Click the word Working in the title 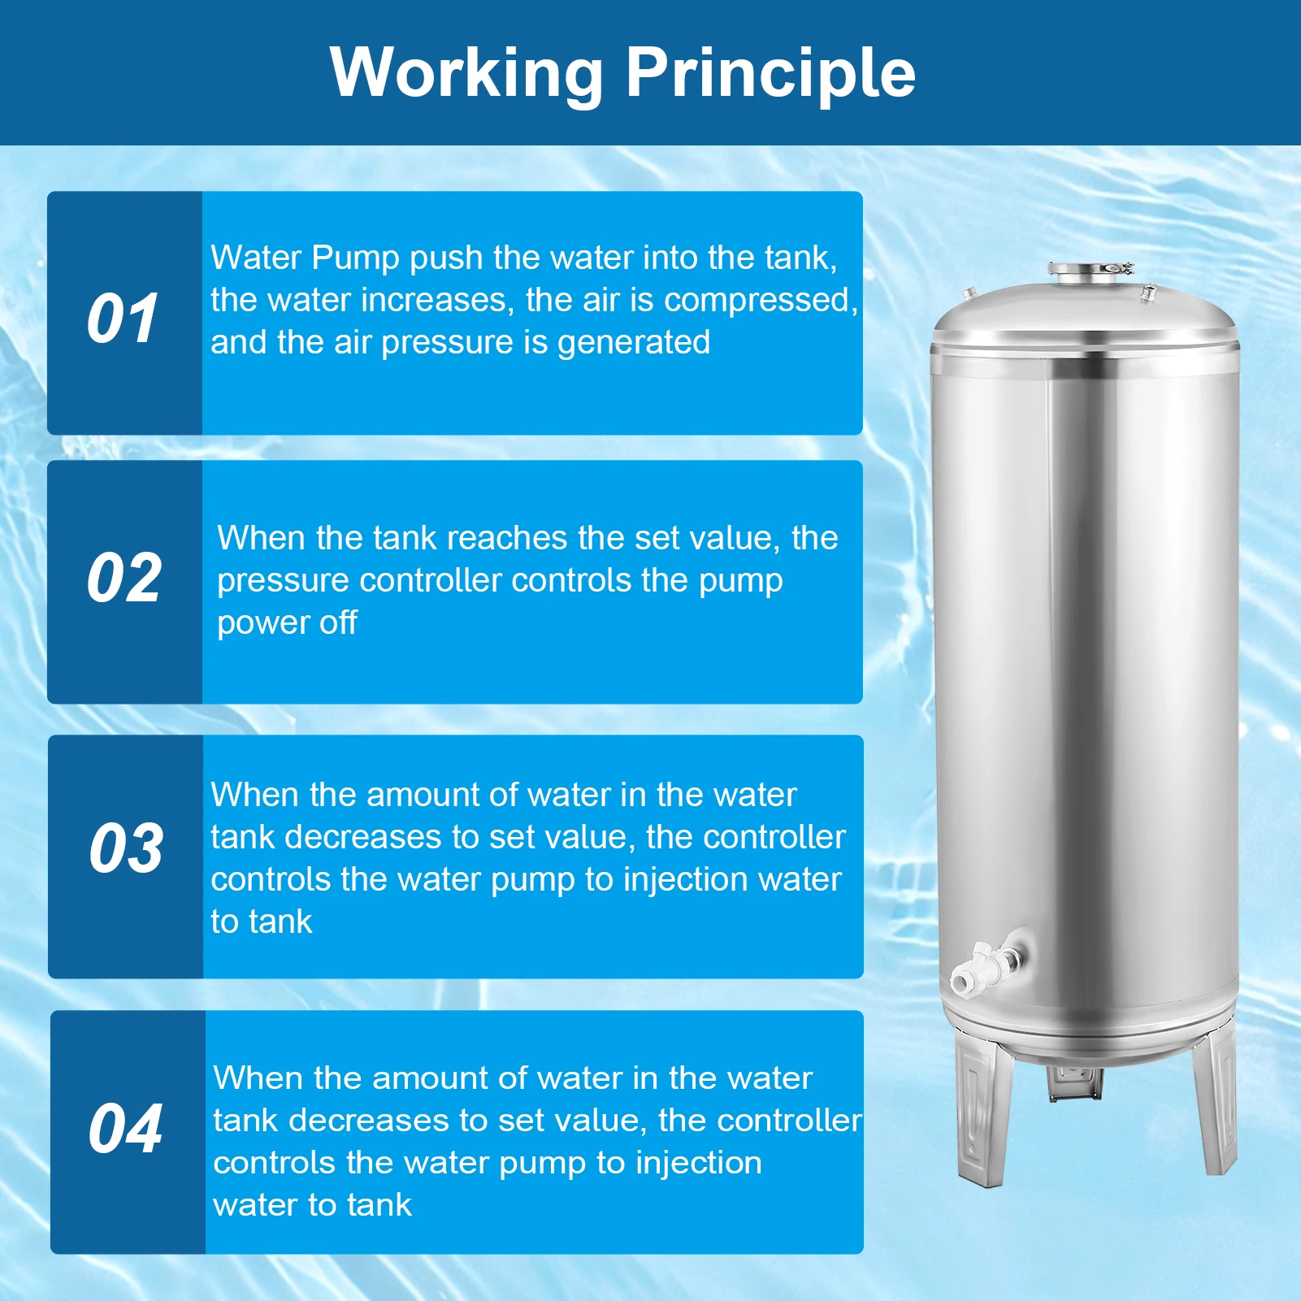(466, 73)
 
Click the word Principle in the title (770, 73)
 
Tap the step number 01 (123, 318)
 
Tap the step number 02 (124, 578)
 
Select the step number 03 (126, 848)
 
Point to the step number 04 (125, 1129)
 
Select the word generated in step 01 (634, 342)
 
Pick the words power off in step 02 (287, 622)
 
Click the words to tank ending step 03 (261, 922)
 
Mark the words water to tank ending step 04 (312, 1204)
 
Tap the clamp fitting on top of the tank (1089, 271)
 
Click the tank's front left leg (983, 1113)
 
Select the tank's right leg (1216, 1105)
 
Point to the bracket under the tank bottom (1074, 1081)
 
